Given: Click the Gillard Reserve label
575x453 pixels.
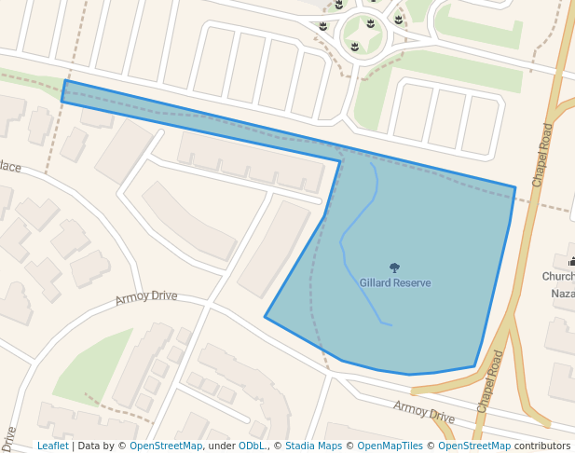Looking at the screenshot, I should coord(395,282).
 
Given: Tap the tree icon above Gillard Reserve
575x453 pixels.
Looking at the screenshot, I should coord(394,268).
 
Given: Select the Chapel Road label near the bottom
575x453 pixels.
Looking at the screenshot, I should coord(490,382).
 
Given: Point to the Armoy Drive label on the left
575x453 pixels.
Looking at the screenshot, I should coord(146,296).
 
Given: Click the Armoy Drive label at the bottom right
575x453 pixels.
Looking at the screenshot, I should coord(423,411).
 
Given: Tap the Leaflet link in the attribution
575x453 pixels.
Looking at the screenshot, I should coord(53,446).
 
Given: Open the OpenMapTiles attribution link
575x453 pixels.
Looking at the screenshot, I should coord(385,446).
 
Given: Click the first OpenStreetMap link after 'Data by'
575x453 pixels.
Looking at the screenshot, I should coord(166,446).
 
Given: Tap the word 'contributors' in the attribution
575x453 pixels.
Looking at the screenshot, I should coord(541,446).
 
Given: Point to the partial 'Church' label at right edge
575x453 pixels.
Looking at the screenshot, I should coord(558,277).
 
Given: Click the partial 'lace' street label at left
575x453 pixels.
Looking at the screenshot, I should coord(10,167).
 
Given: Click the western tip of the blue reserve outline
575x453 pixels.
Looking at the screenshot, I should coord(63,91).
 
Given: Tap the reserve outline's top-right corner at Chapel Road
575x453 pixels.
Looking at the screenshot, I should coord(514,187).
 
